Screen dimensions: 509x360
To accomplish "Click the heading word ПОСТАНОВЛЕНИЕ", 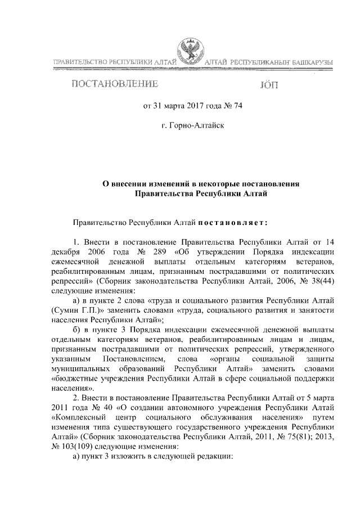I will (113, 85).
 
